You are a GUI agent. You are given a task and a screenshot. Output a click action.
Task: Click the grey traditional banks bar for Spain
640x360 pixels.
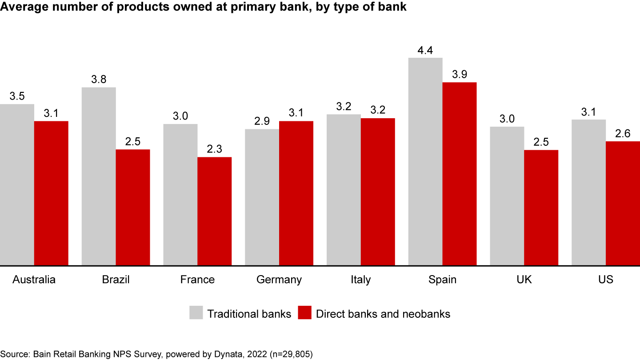pyautogui.click(x=425, y=162)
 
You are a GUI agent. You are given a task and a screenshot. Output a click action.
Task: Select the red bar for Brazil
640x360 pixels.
pyautogui.click(x=133, y=208)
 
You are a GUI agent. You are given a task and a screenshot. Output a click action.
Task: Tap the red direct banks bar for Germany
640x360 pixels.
pyautogui.click(x=296, y=193)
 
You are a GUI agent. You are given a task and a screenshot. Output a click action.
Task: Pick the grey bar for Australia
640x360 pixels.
pyautogui.click(x=17, y=185)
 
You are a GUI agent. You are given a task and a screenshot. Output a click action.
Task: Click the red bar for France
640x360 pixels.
pyautogui.click(x=214, y=212)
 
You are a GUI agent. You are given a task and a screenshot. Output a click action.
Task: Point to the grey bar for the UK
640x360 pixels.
pyautogui.click(x=507, y=196)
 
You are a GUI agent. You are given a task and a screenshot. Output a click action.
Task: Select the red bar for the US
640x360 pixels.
pyautogui.click(x=623, y=204)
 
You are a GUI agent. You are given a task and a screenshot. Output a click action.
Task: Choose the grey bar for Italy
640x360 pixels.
pyautogui.click(x=344, y=190)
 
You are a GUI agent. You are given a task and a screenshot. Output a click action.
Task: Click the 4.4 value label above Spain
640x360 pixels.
pyautogui.click(x=425, y=50)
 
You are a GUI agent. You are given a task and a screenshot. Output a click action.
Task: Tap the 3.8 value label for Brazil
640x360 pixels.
pyautogui.click(x=99, y=80)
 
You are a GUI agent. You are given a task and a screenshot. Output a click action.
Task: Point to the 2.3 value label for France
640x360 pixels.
pyautogui.click(x=214, y=149)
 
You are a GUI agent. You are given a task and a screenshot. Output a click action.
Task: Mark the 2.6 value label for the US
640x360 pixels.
pyautogui.click(x=623, y=134)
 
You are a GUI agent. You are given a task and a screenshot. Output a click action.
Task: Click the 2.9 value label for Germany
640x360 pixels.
pyautogui.click(x=262, y=121)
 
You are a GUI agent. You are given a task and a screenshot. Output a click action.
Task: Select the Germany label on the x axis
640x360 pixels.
pyautogui.click(x=279, y=280)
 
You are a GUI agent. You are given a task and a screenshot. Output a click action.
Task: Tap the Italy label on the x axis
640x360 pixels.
pyautogui.click(x=360, y=280)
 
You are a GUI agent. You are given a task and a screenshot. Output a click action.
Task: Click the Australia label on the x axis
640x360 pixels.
pyautogui.click(x=34, y=280)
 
